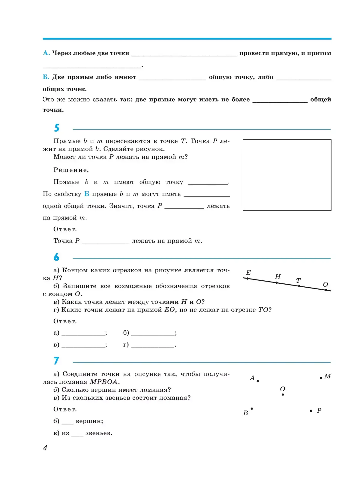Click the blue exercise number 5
57,128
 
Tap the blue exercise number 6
57,257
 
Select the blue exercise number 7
56,361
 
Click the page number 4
45,448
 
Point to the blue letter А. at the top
46,53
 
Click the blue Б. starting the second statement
46,77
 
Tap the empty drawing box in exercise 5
287,175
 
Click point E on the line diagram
247,279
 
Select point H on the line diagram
277,283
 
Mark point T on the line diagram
299,286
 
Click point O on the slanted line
326,290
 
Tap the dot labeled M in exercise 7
321,378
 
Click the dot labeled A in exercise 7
258,381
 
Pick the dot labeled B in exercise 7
252,409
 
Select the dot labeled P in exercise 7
311,411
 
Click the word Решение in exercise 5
71,170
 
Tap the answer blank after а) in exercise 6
83,333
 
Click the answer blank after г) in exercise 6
153,345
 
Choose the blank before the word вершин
67,422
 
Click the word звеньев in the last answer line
99,433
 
